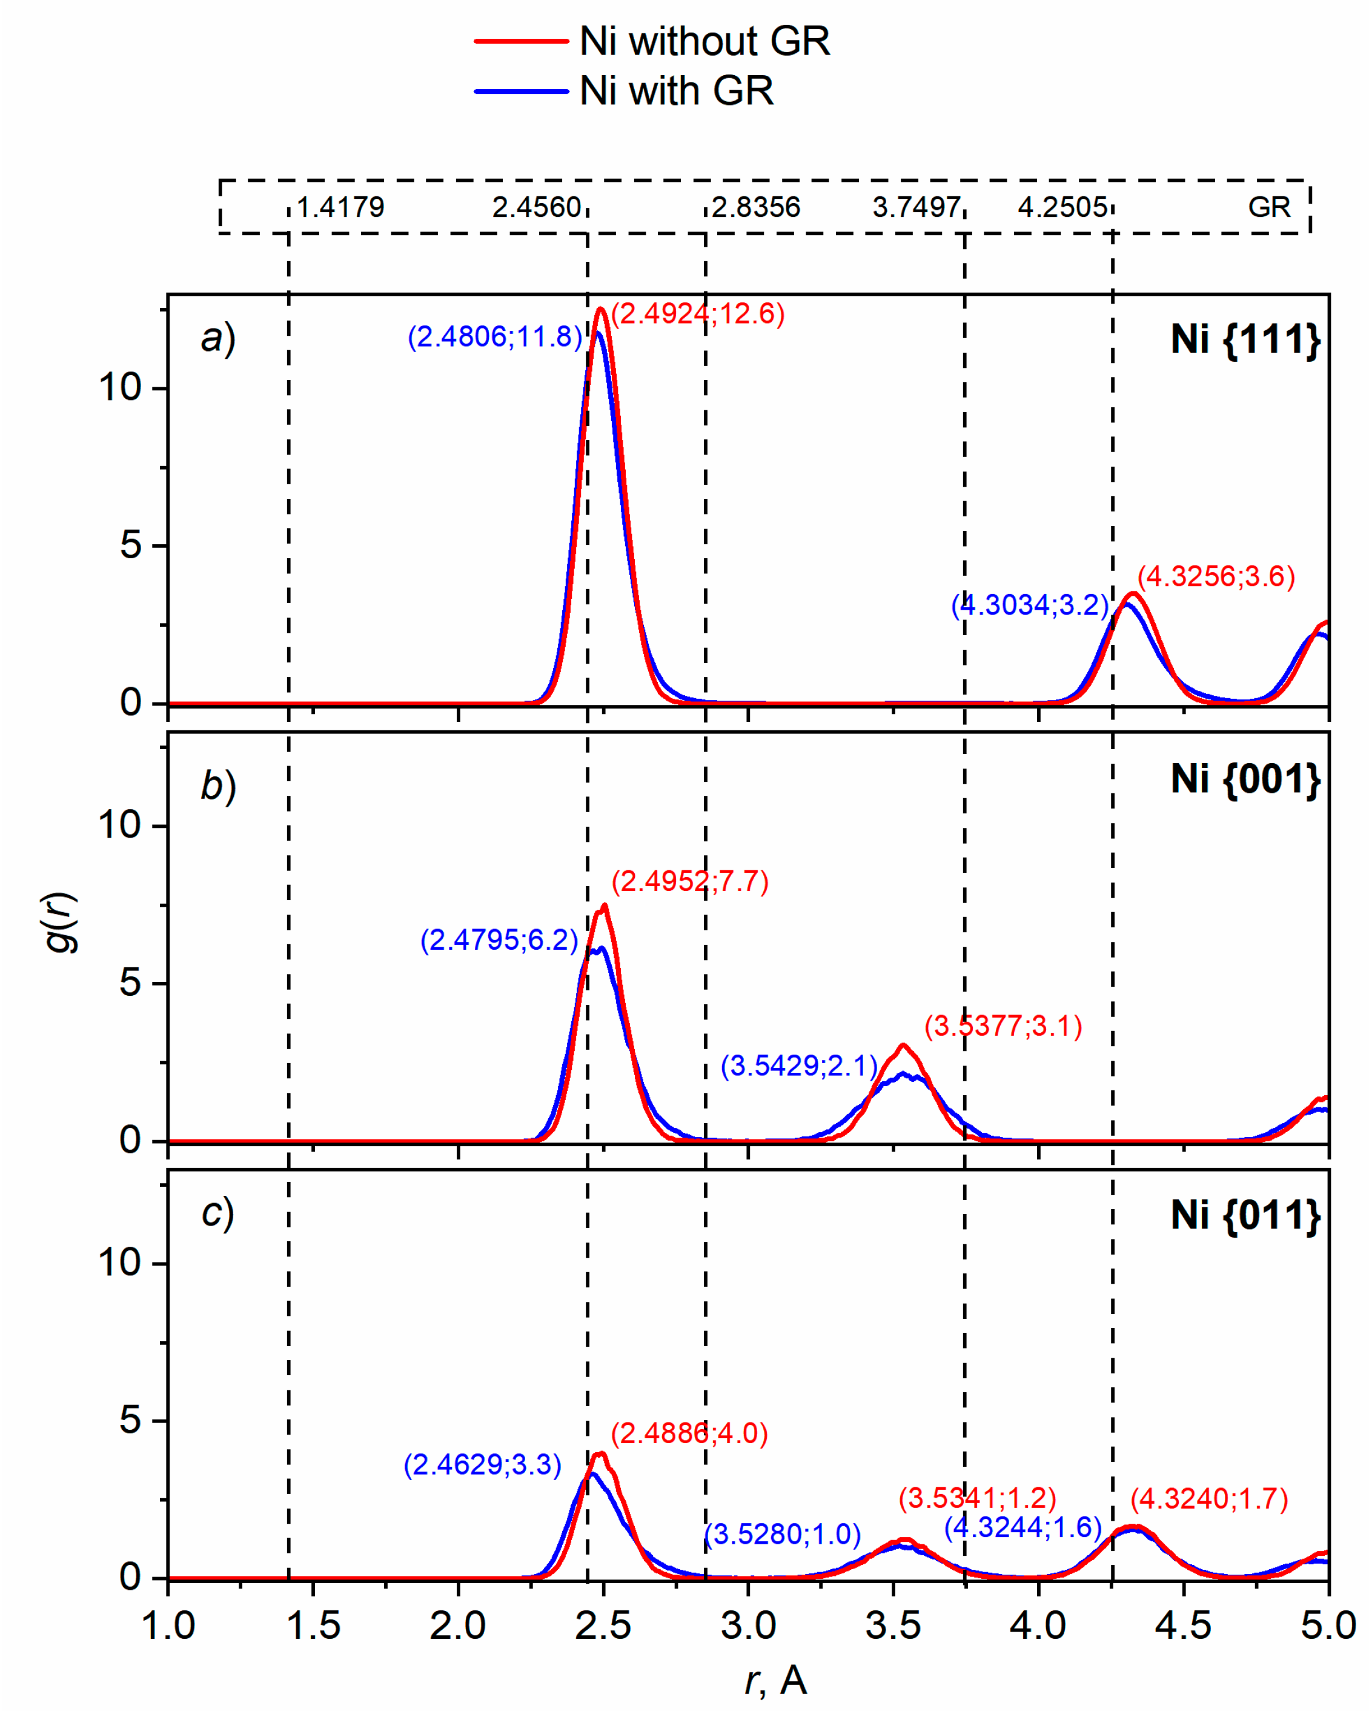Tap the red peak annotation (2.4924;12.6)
click(698, 315)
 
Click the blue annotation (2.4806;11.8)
click(495, 336)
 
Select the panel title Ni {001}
click(1245, 779)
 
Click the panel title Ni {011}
click(1245, 1215)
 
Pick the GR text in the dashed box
click(1269, 208)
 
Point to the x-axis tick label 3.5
click(893, 1626)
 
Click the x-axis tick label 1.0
click(168, 1626)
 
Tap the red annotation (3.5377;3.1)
click(1003, 1026)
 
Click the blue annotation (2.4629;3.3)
click(482, 1464)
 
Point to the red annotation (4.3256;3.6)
click(1216, 576)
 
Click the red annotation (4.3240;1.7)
click(1209, 1499)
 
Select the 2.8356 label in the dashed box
click(756, 208)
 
